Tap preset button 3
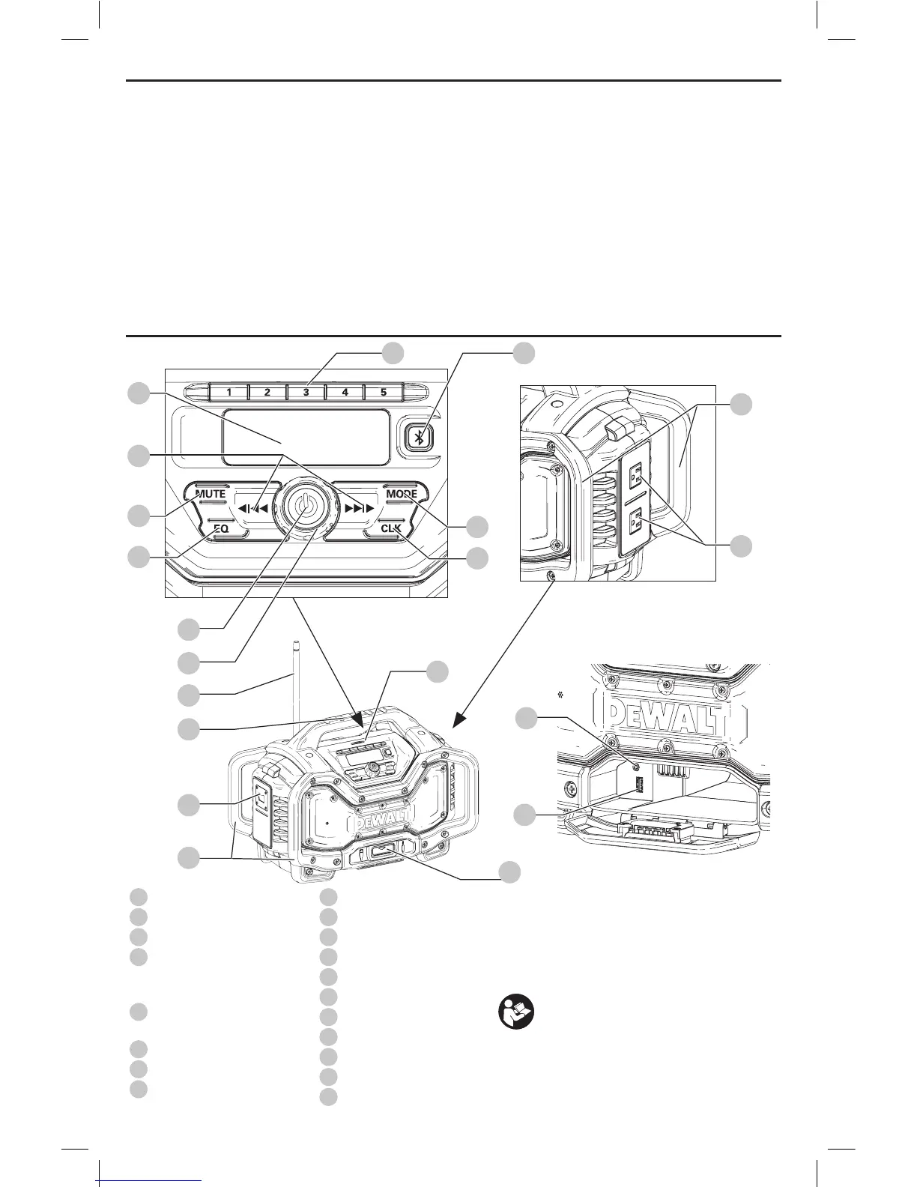point(306,392)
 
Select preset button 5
point(384,392)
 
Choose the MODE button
point(402,495)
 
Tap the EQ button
point(220,528)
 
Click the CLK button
point(391,528)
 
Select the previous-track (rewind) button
point(252,508)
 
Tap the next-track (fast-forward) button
point(358,508)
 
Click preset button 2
point(267,392)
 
